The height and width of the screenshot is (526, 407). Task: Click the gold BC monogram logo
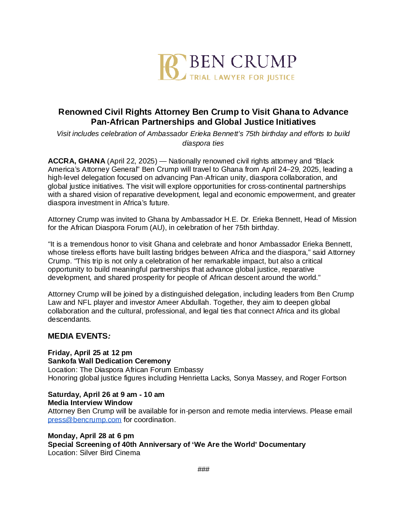point(172,67)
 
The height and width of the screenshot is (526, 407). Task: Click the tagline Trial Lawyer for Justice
point(242,78)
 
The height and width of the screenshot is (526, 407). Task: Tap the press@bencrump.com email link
point(84,419)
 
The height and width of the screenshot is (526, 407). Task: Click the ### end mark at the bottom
point(203,469)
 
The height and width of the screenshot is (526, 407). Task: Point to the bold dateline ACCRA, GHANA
point(77,161)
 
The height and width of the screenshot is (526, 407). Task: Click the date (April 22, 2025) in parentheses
point(132,161)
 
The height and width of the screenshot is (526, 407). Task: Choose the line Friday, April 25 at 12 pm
point(90,353)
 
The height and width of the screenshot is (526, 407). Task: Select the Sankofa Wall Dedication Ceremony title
point(109,361)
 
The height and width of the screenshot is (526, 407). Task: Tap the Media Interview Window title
point(90,403)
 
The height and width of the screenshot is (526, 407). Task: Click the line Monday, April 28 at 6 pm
point(91,436)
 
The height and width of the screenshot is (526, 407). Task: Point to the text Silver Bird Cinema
point(110,453)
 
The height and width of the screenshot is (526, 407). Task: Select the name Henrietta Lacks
point(204,378)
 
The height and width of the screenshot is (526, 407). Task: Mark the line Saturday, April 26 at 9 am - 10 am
point(106,394)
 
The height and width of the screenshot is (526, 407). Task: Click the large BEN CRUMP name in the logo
point(243,62)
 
